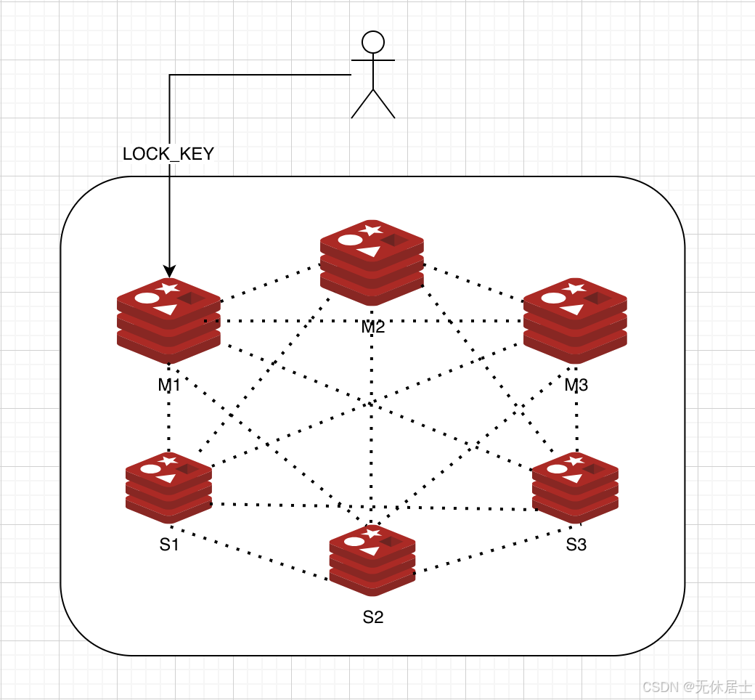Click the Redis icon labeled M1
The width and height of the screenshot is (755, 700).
click(168, 321)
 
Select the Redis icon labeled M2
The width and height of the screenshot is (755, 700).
click(372, 262)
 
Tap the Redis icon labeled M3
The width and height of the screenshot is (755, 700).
click(575, 321)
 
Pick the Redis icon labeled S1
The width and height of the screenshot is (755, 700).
click(168, 487)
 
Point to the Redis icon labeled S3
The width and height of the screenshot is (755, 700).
click(575, 487)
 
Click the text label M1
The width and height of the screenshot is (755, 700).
click(168, 385)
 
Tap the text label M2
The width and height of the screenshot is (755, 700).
click(372, 327)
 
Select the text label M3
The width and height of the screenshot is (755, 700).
click(576, 385)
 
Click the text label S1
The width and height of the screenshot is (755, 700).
click(169, 545)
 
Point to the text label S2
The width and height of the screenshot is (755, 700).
click(372, 617)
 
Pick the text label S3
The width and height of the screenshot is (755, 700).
click(576, 545)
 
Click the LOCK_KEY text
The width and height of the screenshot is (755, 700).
click(168, 154)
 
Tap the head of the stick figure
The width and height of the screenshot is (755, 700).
click(372, 41)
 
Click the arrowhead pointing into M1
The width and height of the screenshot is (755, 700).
click(169, 271)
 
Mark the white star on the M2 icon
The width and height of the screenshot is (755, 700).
click(372, 230)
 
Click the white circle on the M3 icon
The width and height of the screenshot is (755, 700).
click(553, 298)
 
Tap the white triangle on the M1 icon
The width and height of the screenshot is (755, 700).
click(166, 309)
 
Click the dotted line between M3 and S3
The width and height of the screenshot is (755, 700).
click(576, 421)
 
